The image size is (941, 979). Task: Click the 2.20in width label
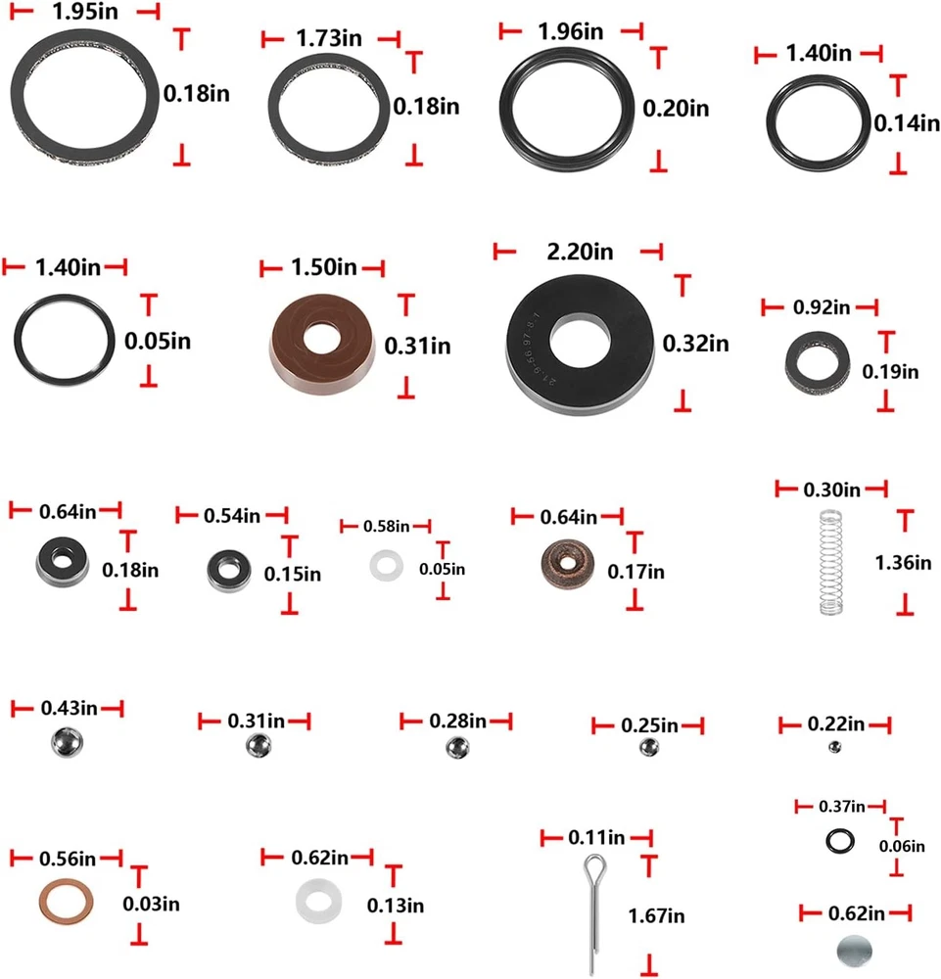click(x=580, y=252)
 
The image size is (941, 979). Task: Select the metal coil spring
click(x=830, y=562)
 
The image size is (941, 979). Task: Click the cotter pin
click(x=593, y=911)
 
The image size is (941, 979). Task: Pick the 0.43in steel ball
click(x=67, y=742)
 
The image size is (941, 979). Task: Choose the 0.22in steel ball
click(x=834, y=747)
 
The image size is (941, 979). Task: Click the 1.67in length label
click(x=656, y=916)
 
